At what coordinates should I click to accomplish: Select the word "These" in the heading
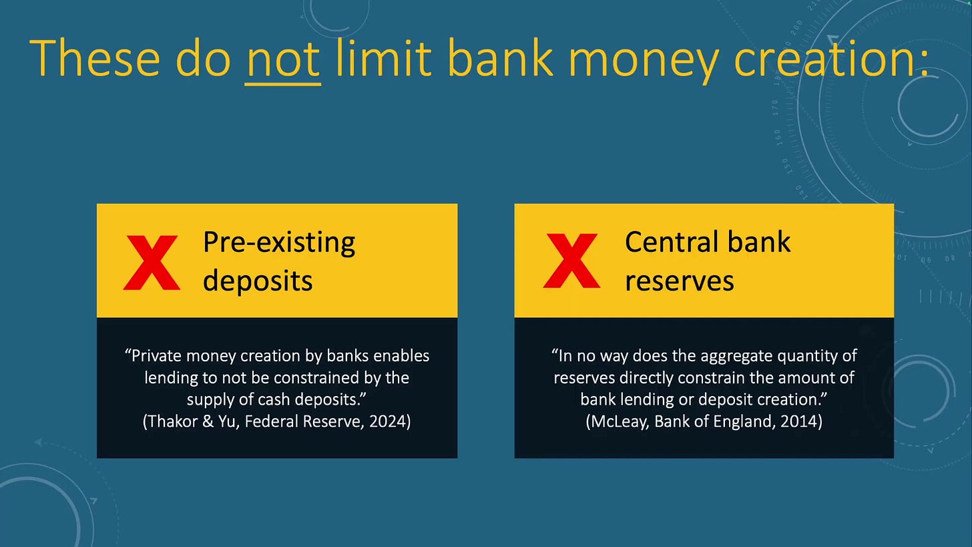[94, 57]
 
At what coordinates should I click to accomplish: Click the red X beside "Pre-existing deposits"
[152, 262]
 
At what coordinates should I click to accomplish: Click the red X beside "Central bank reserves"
[572, 260]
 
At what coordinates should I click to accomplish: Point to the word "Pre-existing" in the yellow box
[279, 242]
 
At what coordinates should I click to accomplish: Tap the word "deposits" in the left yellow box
[258, 281]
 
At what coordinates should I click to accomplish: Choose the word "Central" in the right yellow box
[672, 242]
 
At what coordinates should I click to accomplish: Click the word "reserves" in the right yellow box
[680, 281]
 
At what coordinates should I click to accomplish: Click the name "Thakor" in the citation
[173, 421]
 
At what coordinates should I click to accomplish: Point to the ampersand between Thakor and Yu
[208, 421]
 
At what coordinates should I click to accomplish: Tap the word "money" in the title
[644, 61]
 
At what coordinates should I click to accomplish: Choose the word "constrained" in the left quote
[316, 378]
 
